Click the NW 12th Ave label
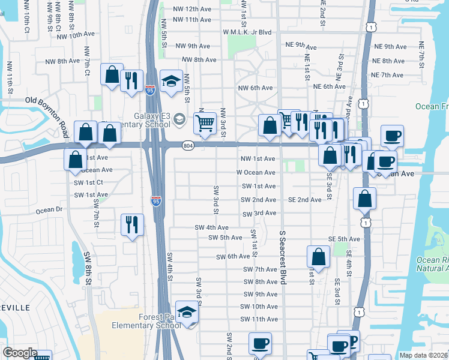[x=191, y=8]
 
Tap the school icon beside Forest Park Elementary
[x=187, y=313]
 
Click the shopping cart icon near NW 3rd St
[x=205, y=123]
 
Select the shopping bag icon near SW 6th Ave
[x=319, y=256]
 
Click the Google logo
[x=20, y=353]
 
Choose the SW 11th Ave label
[x=259, y=319]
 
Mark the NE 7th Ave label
[x=387, y=75]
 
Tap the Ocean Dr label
[x=49, y=211]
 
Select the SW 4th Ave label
[x=211, y=227]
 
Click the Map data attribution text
[x=423, y=355]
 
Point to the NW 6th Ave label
[x=256, y=88]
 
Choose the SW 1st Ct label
[x=89, y=182]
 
